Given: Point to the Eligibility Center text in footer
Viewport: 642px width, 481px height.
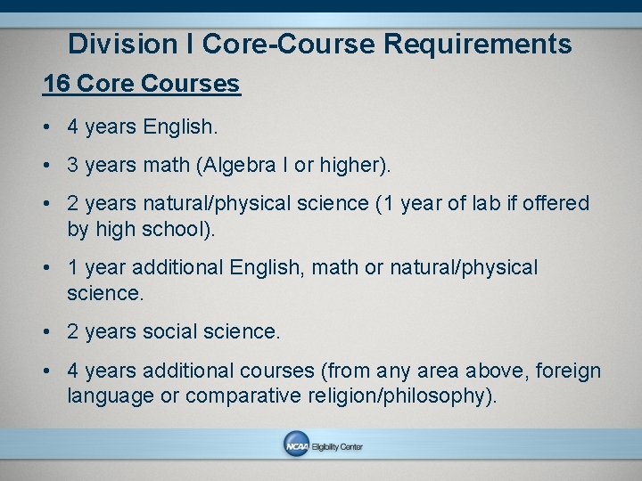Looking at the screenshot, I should (337, 447).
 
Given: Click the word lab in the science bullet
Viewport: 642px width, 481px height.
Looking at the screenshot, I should (483, 204).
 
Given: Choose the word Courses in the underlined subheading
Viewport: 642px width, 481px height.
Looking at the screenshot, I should (193, 85).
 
